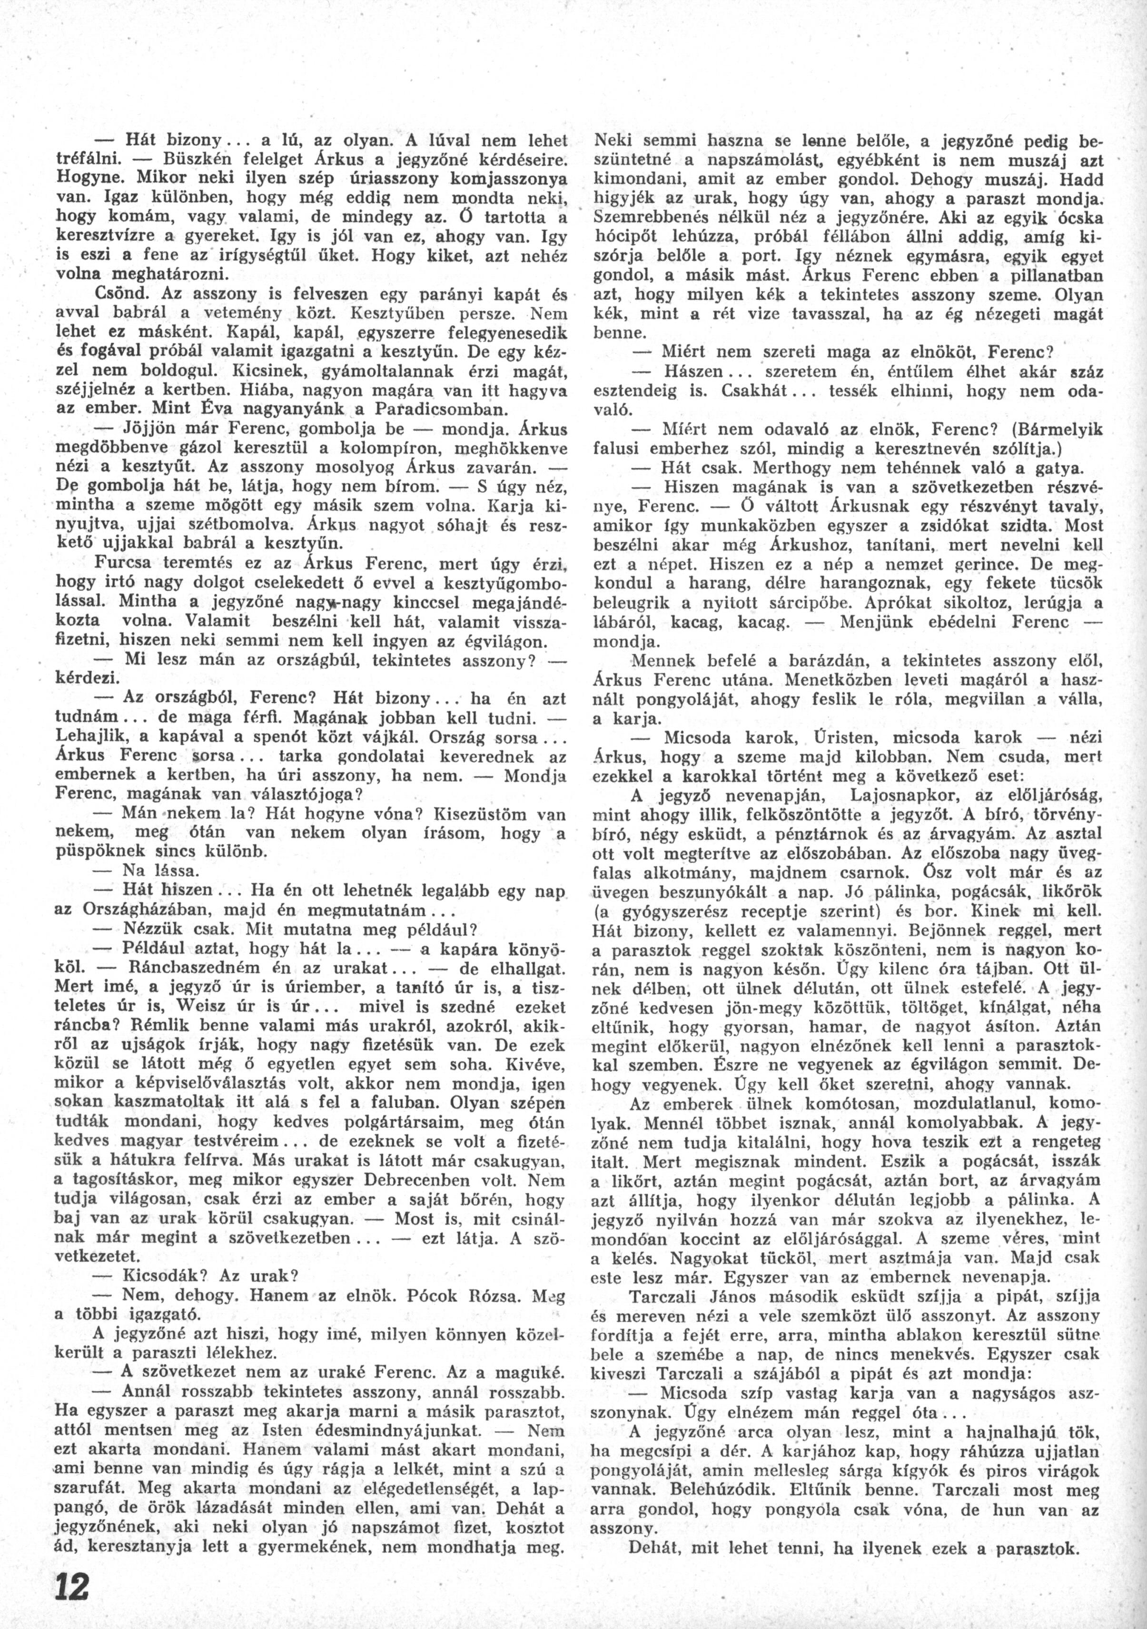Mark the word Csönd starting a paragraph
point(117,292)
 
